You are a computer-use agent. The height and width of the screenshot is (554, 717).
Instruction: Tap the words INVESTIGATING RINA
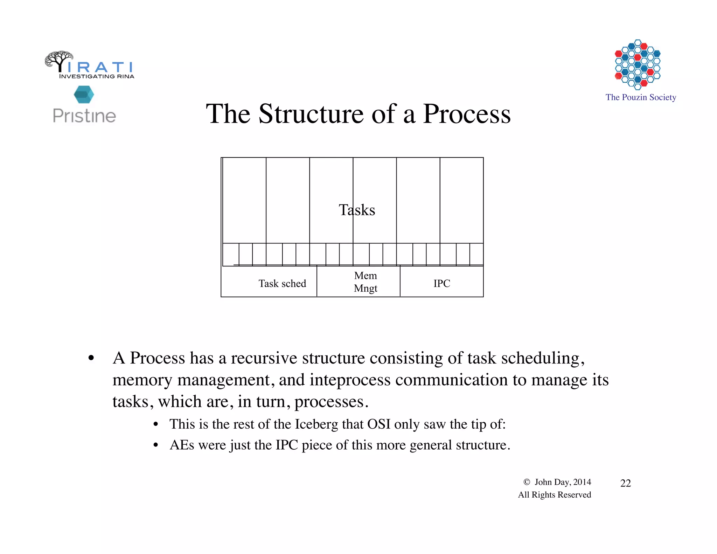pyautogui.click(x=97, y=76)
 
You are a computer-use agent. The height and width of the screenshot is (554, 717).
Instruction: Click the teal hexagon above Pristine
pyautogui.click(x=84, y=95)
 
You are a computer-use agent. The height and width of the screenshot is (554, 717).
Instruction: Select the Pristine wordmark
pyautogui.click(x=84, y=116)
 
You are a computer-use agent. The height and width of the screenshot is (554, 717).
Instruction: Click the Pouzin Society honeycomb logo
pyautogui.click(x=638, y=64)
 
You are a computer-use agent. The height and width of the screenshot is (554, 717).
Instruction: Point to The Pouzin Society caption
pyautogui.click(x=641, y=97)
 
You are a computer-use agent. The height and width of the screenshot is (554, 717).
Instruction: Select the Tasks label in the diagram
pyautogui.click(x=357, y=210)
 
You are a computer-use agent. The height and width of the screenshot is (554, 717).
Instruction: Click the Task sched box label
pyautogui.click(x=282, y=283)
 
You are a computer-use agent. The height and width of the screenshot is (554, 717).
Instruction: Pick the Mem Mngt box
pyautogui.click(x=366, y=282)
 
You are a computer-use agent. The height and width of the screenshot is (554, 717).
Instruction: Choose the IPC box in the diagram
pyautogui.click(x=442, y=283)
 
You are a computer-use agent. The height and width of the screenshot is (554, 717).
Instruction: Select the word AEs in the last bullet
pyautogui.click(x=182, y=445)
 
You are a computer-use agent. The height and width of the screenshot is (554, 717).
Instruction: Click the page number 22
pyautogui.click(x=625, y=483)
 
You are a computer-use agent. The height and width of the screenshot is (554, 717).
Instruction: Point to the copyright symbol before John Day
pyautogui.click(x=527, y=482)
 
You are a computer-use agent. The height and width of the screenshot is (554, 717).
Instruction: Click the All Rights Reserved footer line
pyautogui.click(x=554, y=495)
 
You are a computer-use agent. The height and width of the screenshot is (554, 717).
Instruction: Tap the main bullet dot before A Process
pyautogui.click(x=91, y=358)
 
